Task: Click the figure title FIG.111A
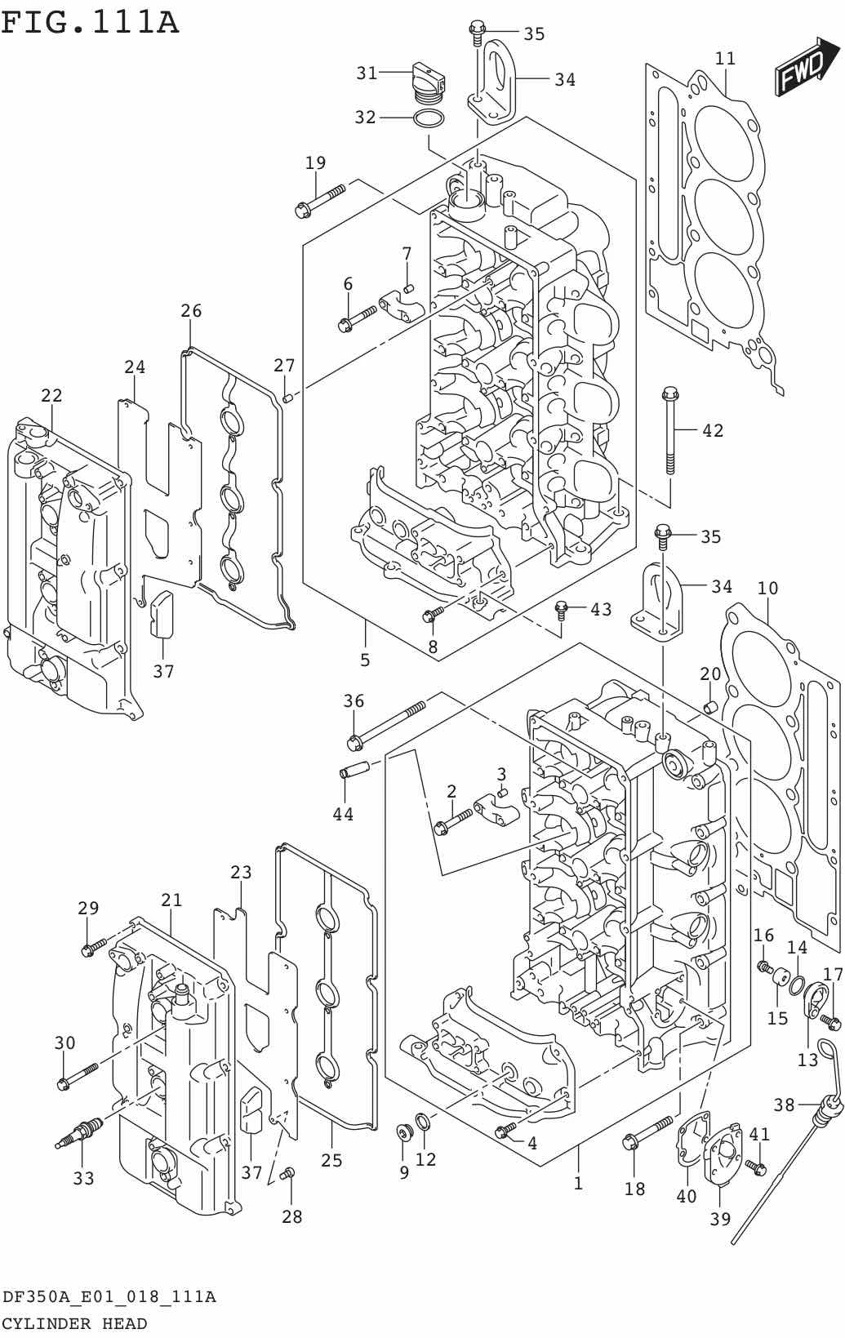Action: (90, 23)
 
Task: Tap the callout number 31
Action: (367, 73)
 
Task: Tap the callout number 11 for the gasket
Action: (725, 59)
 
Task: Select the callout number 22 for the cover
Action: (52, 395)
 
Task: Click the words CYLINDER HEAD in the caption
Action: (74, 1323)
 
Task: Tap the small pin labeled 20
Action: (710, 707)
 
